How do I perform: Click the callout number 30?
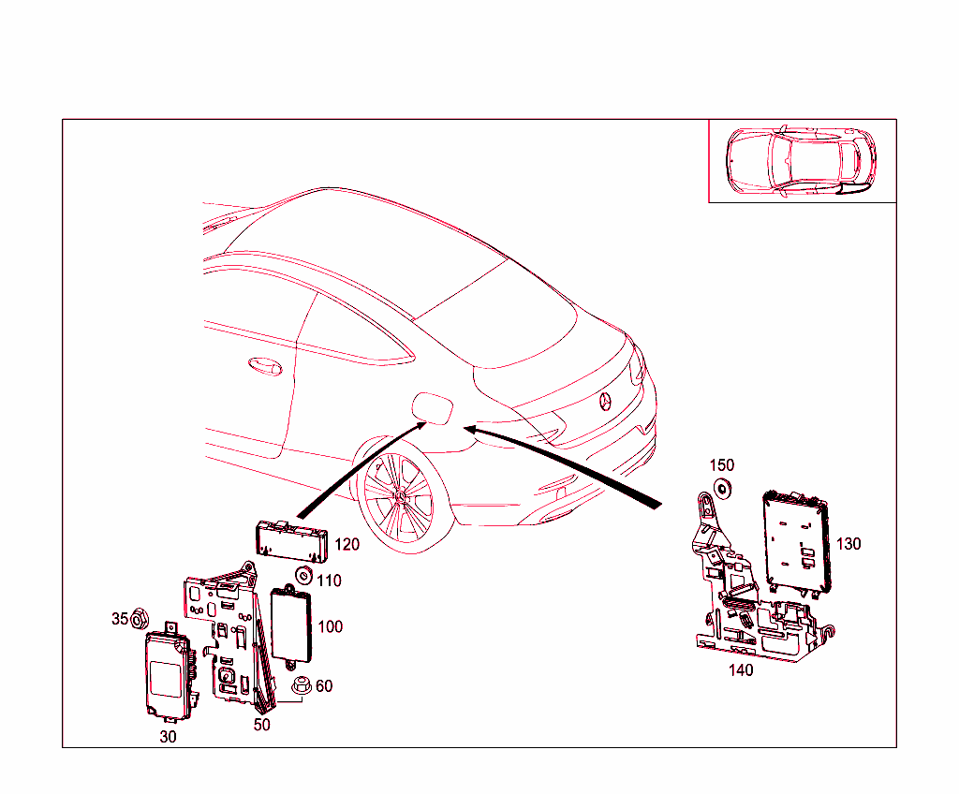(168, 737)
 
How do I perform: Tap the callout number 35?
(120, 619)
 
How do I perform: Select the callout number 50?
(262, 725)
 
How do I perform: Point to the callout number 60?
(324, 686)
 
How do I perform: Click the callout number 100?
(331, 626)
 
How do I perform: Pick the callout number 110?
(329, 581)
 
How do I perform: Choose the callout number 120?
(347, 544)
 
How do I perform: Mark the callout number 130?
(848, 544)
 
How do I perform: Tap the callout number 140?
(740, 670)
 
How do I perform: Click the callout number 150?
(722, 465)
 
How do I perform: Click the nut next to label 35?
(140, 618)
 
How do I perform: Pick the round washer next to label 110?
(303, 575)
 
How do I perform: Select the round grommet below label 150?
(722, 488)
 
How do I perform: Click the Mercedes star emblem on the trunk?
(606, 402)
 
